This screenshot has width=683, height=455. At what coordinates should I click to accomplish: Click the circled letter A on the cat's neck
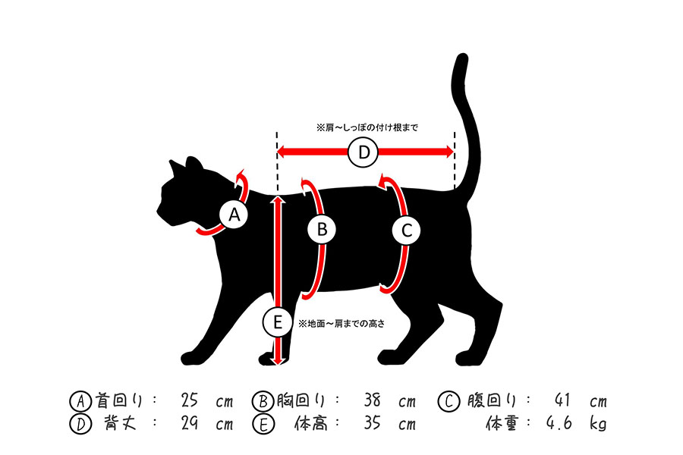234,215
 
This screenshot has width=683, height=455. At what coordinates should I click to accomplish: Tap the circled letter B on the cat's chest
322,230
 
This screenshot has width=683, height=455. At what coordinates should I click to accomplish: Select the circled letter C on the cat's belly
406,231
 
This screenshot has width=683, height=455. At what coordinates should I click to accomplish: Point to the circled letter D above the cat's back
364,152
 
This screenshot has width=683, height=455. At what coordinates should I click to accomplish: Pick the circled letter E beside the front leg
278,322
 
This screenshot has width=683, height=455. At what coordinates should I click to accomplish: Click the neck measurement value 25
190,400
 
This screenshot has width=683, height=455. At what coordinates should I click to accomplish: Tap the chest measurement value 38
373,400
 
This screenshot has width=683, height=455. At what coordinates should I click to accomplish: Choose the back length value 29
190,423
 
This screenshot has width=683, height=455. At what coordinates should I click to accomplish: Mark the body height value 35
373,423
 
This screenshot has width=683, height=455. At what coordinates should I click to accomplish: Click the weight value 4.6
559,423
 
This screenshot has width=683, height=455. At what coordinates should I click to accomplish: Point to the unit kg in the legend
599,423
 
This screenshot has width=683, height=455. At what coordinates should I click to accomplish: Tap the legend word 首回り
118,400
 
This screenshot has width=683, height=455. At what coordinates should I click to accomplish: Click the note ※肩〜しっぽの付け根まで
367,128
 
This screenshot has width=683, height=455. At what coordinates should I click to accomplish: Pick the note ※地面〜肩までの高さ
341,324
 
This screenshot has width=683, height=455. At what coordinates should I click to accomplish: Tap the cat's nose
158,211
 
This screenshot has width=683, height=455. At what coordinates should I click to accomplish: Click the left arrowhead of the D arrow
282,152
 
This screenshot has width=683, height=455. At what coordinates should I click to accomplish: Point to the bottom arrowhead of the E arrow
279,361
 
